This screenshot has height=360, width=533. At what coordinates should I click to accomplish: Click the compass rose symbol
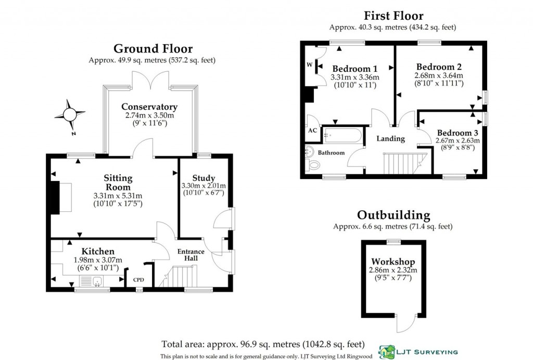[x=70, y=114]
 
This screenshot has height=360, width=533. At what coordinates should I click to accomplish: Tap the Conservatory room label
[x=149, y=107]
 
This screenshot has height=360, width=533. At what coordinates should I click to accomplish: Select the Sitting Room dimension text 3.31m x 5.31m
[x=118, y=196]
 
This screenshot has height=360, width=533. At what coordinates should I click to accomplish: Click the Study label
[x=204, y=178]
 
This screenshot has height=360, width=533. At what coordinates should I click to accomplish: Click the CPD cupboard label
[x=138, y=280]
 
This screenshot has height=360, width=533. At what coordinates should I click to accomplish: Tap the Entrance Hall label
[x=191, y=255]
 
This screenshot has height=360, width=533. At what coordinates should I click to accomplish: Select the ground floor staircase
[x=179, y=276]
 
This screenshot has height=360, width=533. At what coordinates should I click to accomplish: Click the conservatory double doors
[x=150, y=81]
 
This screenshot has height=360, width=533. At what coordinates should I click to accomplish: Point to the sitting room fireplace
[x=55, y=198]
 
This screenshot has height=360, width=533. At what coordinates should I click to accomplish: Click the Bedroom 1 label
[x=355, y=69]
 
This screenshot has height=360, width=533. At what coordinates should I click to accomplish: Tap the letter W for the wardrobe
[x=309, y=65]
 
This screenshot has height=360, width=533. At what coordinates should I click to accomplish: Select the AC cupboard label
[x=313, y=131]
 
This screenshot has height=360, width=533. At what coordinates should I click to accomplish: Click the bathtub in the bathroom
[x=342, y=135]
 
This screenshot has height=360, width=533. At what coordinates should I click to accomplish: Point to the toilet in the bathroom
[x=313, y=165]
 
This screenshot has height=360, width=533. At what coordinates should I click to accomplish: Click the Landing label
[x=390, y=138]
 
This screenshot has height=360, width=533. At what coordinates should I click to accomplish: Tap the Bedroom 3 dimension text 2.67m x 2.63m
[x=458, y=140]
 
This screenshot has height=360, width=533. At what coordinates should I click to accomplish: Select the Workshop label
[x=393, y=262]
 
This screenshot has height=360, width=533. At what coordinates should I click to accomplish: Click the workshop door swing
[x=406, y=323]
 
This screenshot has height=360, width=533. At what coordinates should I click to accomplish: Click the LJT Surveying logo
[x=418, y=352]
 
